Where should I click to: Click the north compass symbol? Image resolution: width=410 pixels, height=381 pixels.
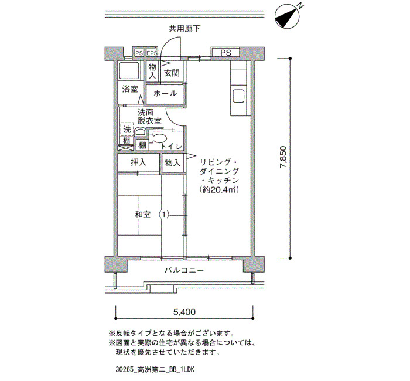pyautogui.click(x=286, y=17)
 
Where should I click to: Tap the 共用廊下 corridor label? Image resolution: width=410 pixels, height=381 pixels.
pyautogui.click(x=184, y=29)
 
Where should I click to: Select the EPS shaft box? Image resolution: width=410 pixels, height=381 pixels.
pyautogui.click(x=152, y=53)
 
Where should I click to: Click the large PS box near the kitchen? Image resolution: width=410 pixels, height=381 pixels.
pyautogui.click(x=225, y=53)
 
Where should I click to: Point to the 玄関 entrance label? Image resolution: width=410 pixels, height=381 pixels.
pyautogui.click(x=172, y=73)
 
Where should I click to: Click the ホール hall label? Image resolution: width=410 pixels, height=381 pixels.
pyautogui.click(x=165, y=93)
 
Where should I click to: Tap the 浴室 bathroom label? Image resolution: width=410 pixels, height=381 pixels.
pyautogui.click(x=130, y=89)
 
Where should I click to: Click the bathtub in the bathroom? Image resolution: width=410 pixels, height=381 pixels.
pyautogui.click(x=129, y=71)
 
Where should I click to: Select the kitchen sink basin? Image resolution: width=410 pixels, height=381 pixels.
pyautogui.click(x=238, y=96)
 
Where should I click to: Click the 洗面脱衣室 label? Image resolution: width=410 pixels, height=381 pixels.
pyautogui.click(x=149, y=117)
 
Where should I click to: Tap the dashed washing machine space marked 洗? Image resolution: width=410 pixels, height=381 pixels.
pyautogui.click(x=127, y=130)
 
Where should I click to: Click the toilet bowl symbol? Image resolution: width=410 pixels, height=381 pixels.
pyautogui.click(x=158, y=138)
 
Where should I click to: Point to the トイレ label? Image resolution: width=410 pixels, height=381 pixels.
pyautogui.click(x=172, y=147)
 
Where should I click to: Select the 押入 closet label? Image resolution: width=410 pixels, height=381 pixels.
pyautogui.click(x=138, y=162)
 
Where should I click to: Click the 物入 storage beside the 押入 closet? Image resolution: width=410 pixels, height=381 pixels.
pyautogui.click(x=173, y=163)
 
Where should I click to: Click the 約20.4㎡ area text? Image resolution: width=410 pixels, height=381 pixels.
pyautogui.click(x=219, y=189)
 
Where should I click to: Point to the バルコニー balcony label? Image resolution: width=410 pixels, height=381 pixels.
pyautogui.click(x=184, y=270)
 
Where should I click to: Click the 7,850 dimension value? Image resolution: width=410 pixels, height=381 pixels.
pyautogui.click(x=283, y=157)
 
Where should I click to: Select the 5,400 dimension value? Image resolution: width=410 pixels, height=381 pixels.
pyautogui.click(x=184, y=312)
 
